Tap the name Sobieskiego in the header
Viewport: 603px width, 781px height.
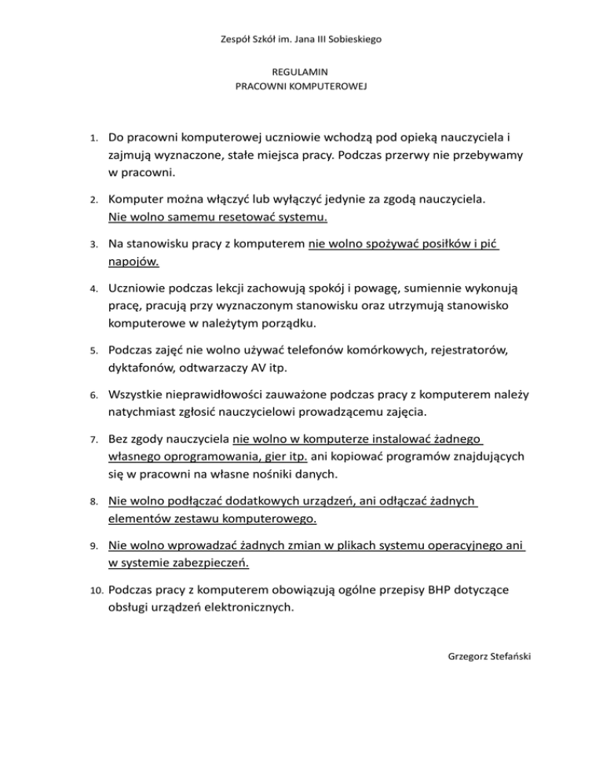(351, 38)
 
